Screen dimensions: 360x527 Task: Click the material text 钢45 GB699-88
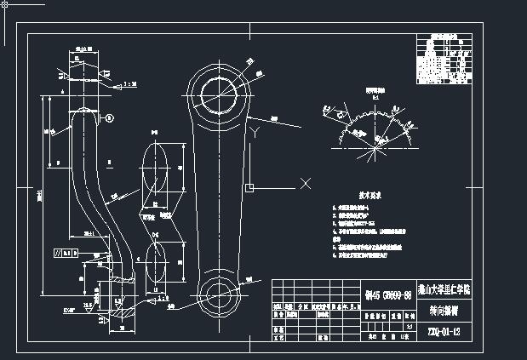(x=387, y=294)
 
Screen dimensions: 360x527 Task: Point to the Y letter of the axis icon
(x=255, y=130)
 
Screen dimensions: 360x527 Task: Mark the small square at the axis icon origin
(x=248, y=187)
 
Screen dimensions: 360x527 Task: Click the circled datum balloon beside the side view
(x=110, y=117)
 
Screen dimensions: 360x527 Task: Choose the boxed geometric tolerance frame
(x=66, y=253)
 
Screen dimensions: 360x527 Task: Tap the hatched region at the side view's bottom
(x=118, y=281)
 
